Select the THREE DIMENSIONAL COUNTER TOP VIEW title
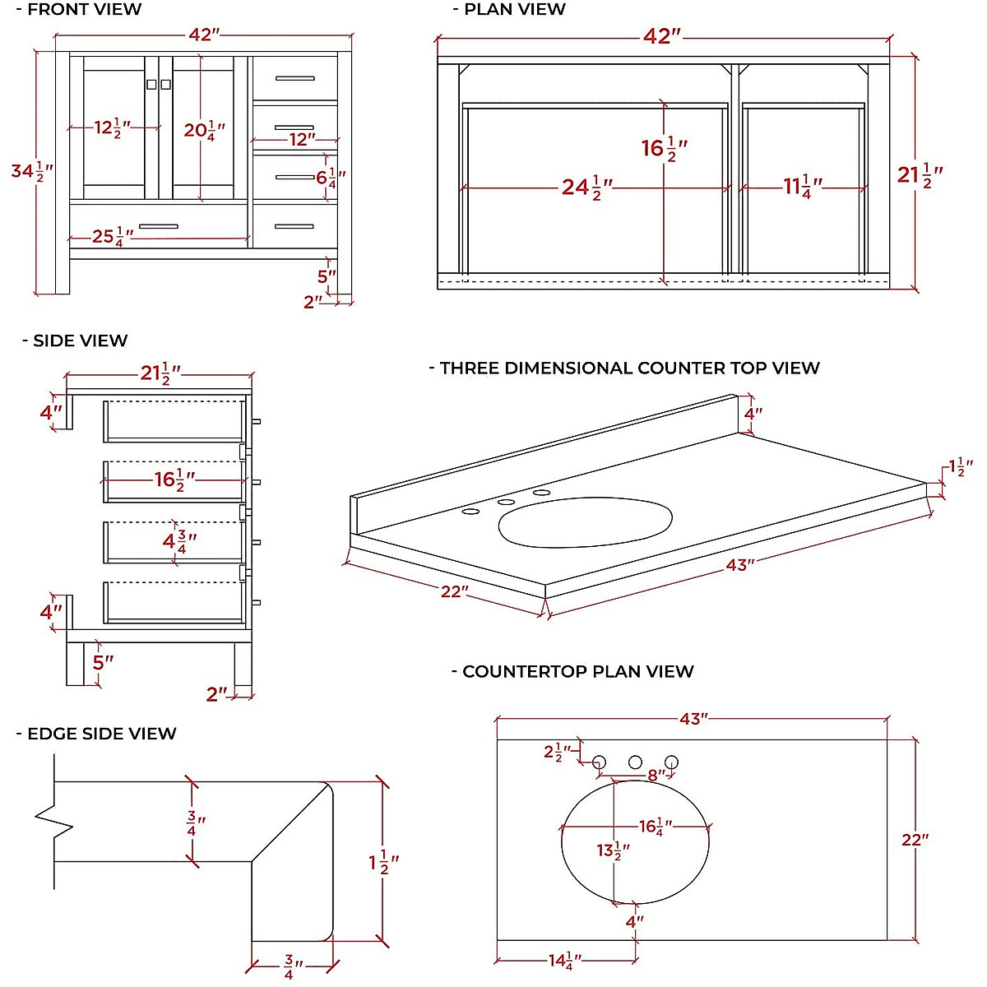point(629,368)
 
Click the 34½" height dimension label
point(31,171)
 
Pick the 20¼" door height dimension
point(204,130)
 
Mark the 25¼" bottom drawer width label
point(112,237)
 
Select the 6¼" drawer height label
point(331,177)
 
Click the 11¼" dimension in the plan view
point(802,187)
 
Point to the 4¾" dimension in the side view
point(179,541)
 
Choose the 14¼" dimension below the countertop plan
point(565,960)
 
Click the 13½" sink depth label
point(614,850)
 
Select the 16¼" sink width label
point(656,827)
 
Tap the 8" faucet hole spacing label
point(656,776)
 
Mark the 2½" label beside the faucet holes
point(557,752)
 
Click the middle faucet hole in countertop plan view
point(635,762)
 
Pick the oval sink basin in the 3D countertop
point(585,521)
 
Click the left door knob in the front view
point(151,84)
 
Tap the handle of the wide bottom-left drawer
point(158,226)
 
